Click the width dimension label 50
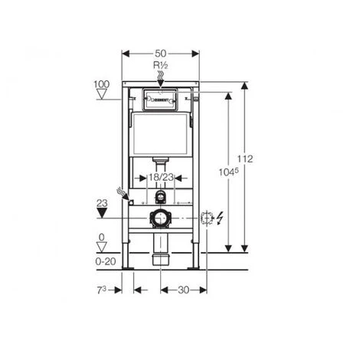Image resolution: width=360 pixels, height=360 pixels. click(161, 54)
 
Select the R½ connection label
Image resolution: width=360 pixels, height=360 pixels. click(161, 66)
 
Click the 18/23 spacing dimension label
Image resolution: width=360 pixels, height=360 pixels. click(159, 176)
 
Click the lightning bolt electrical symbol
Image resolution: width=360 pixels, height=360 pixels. click(221, 218)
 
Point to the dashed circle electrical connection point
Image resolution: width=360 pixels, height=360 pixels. click(205, 218)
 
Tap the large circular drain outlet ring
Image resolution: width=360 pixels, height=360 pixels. click(160, 218)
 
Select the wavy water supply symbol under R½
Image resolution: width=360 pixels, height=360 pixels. click(161, 74)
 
